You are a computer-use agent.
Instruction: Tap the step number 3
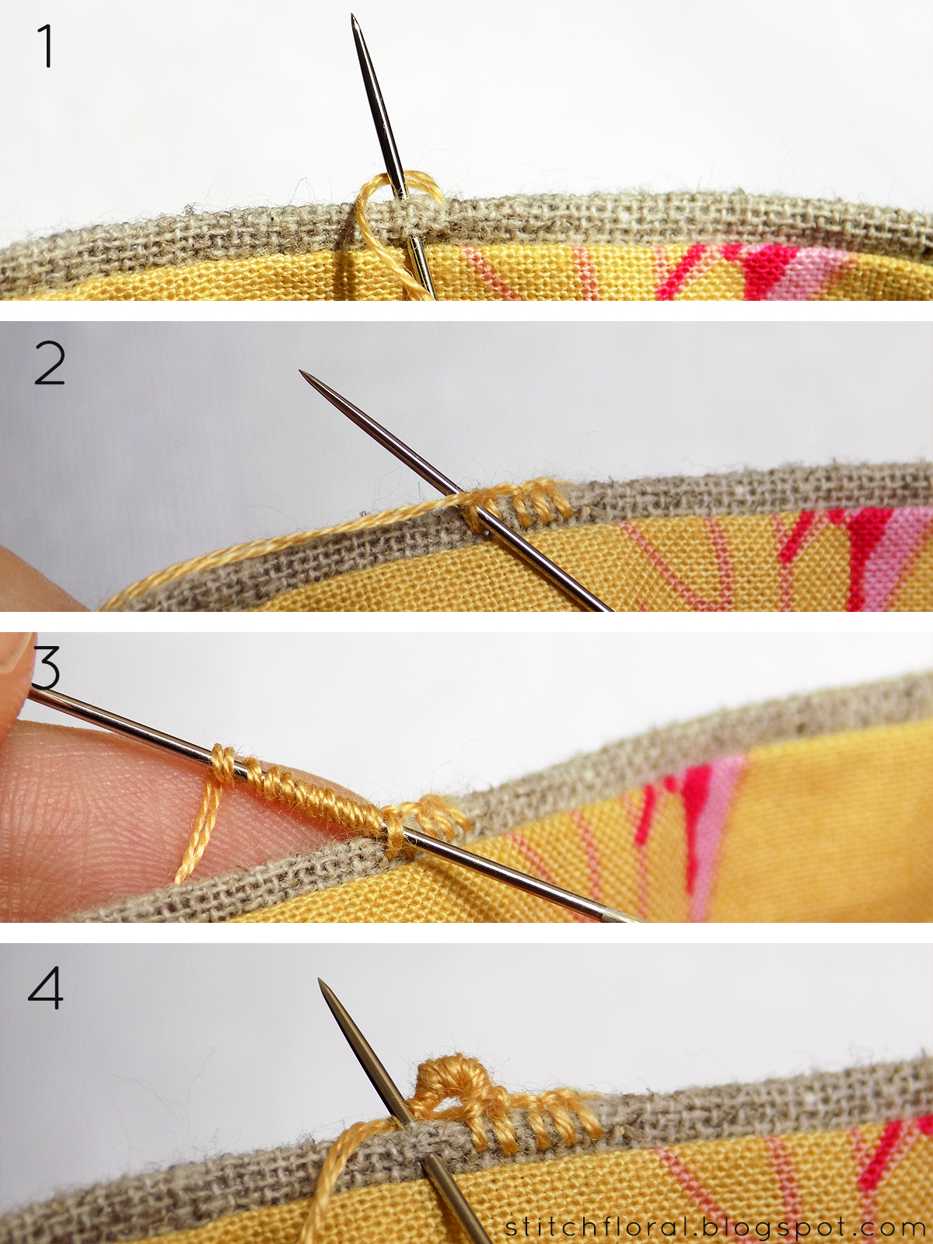(47, 669)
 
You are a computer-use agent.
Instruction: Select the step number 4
(45, 989)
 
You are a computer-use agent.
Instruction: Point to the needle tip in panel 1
(354, 17)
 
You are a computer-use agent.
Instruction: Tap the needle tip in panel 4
(321, 981)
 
